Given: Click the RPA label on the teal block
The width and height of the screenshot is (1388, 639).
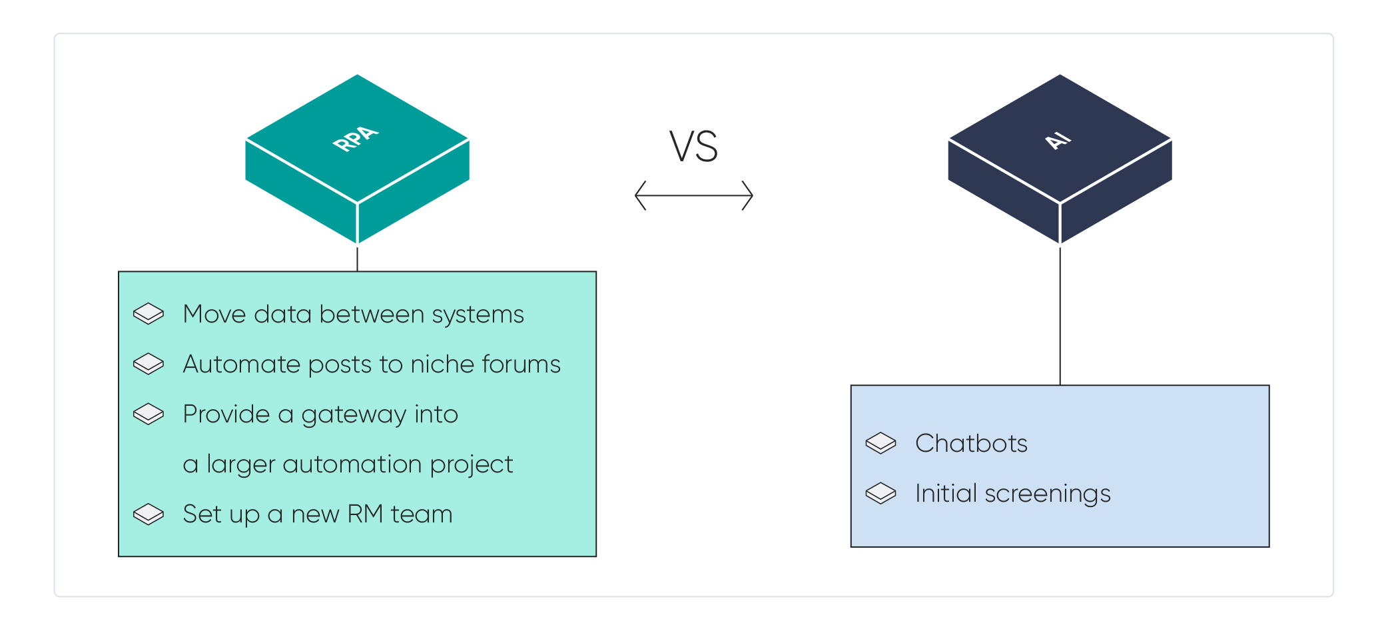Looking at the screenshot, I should coord(356,139).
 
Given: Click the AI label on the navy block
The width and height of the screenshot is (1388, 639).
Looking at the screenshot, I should coord(1058,141).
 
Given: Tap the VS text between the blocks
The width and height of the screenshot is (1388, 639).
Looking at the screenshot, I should coord(693,147).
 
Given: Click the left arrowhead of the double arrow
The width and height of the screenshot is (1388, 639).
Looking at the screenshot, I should coord(640,195).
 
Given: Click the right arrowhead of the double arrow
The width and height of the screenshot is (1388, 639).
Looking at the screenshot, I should coord(747,195).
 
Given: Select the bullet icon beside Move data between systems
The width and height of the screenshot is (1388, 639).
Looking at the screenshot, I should coord(148,314).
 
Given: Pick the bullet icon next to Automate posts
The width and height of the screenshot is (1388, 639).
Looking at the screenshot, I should coord(148,364).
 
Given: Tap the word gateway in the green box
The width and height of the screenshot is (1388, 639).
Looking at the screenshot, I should coord(354,415).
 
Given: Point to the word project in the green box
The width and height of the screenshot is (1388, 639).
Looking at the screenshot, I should coord(471,465).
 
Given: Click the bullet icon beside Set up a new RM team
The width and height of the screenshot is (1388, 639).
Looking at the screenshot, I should coord(148,514).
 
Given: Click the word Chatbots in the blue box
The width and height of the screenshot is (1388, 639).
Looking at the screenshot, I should coord(971,444).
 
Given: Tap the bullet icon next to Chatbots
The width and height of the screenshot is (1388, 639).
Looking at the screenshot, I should coord(880,443).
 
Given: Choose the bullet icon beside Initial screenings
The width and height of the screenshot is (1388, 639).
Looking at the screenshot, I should coord(880,493).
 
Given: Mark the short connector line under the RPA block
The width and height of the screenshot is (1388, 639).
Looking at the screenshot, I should coord(357,259).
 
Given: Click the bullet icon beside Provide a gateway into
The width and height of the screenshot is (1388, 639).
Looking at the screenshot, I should coord(148,414).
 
